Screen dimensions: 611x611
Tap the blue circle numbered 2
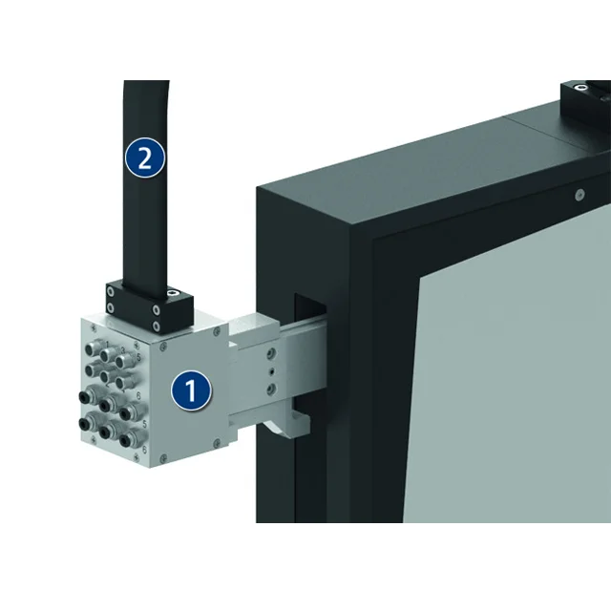[143, 157]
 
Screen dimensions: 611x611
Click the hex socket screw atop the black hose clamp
[172, 292]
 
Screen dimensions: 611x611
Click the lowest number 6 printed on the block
[144, 448]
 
